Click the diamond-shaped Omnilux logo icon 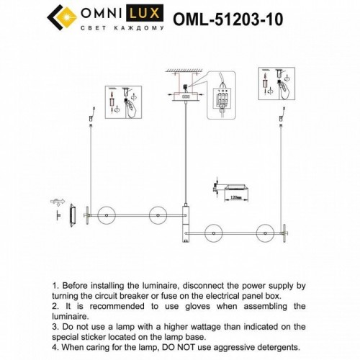(x=61, y=16)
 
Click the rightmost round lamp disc (x=262, y=232)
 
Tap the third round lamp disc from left (x=214, y=232)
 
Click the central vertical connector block (x=185, y=225)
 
